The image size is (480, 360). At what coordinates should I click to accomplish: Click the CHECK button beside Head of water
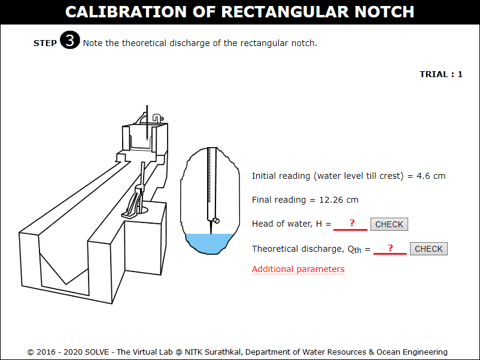389,224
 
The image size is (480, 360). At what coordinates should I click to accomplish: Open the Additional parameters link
298,269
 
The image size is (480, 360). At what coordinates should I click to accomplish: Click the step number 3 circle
70,40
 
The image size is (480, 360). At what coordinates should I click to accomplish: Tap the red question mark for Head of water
352,223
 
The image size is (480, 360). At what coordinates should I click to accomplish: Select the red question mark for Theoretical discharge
390,248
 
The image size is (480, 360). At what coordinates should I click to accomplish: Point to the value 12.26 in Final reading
331,200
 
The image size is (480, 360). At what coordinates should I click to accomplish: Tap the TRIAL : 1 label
441,74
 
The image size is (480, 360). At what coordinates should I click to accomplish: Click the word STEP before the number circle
45,43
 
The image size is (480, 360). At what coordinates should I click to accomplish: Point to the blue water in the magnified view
209,243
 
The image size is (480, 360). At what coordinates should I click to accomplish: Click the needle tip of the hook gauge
211,233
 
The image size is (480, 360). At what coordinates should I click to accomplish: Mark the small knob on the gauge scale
217,220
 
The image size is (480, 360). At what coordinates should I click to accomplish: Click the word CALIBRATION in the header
126,12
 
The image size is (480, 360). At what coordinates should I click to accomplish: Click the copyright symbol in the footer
31,352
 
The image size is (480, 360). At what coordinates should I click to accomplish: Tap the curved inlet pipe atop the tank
157,118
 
